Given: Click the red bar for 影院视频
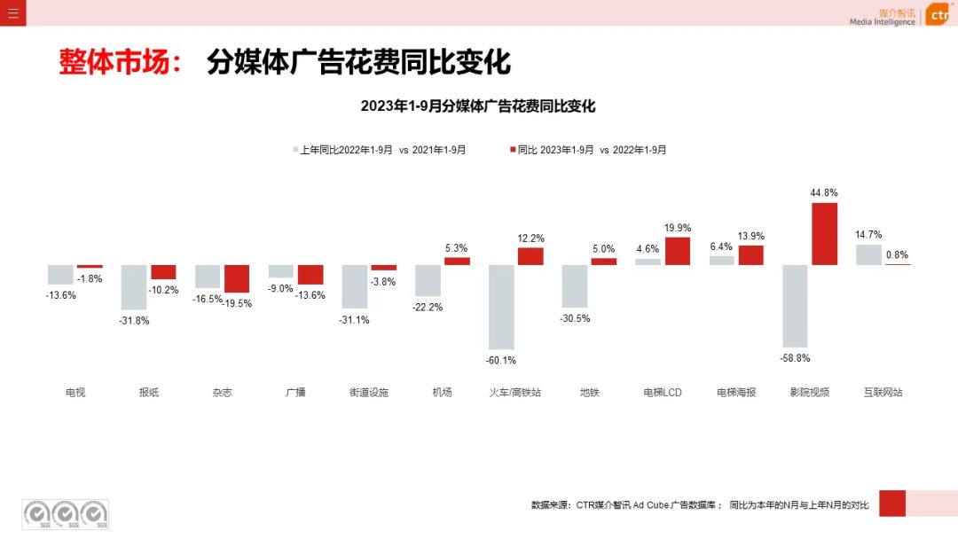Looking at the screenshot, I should pos(825,234).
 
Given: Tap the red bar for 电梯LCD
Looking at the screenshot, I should pos(678,251).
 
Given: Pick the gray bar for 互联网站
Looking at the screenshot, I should pos(869,254).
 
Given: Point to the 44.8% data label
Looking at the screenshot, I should pos(824,192).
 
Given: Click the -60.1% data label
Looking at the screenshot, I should pos(501,360).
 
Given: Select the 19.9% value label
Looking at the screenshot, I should pos(678,228).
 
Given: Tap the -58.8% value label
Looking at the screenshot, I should pos(796,358).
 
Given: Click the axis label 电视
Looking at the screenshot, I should pos(75,392).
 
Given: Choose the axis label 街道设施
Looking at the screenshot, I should pos(369,392).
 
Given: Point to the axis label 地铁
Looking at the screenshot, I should pos(589,392).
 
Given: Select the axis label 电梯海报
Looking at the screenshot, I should pos(736,392).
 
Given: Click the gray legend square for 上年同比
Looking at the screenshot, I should pos(296,150).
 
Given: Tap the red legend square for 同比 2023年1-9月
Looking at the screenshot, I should pos(513,150).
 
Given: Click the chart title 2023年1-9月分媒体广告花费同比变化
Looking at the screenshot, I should pos(478,106).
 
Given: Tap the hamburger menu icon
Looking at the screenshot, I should pos(12,13).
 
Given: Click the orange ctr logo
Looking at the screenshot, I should pos(938,15).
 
